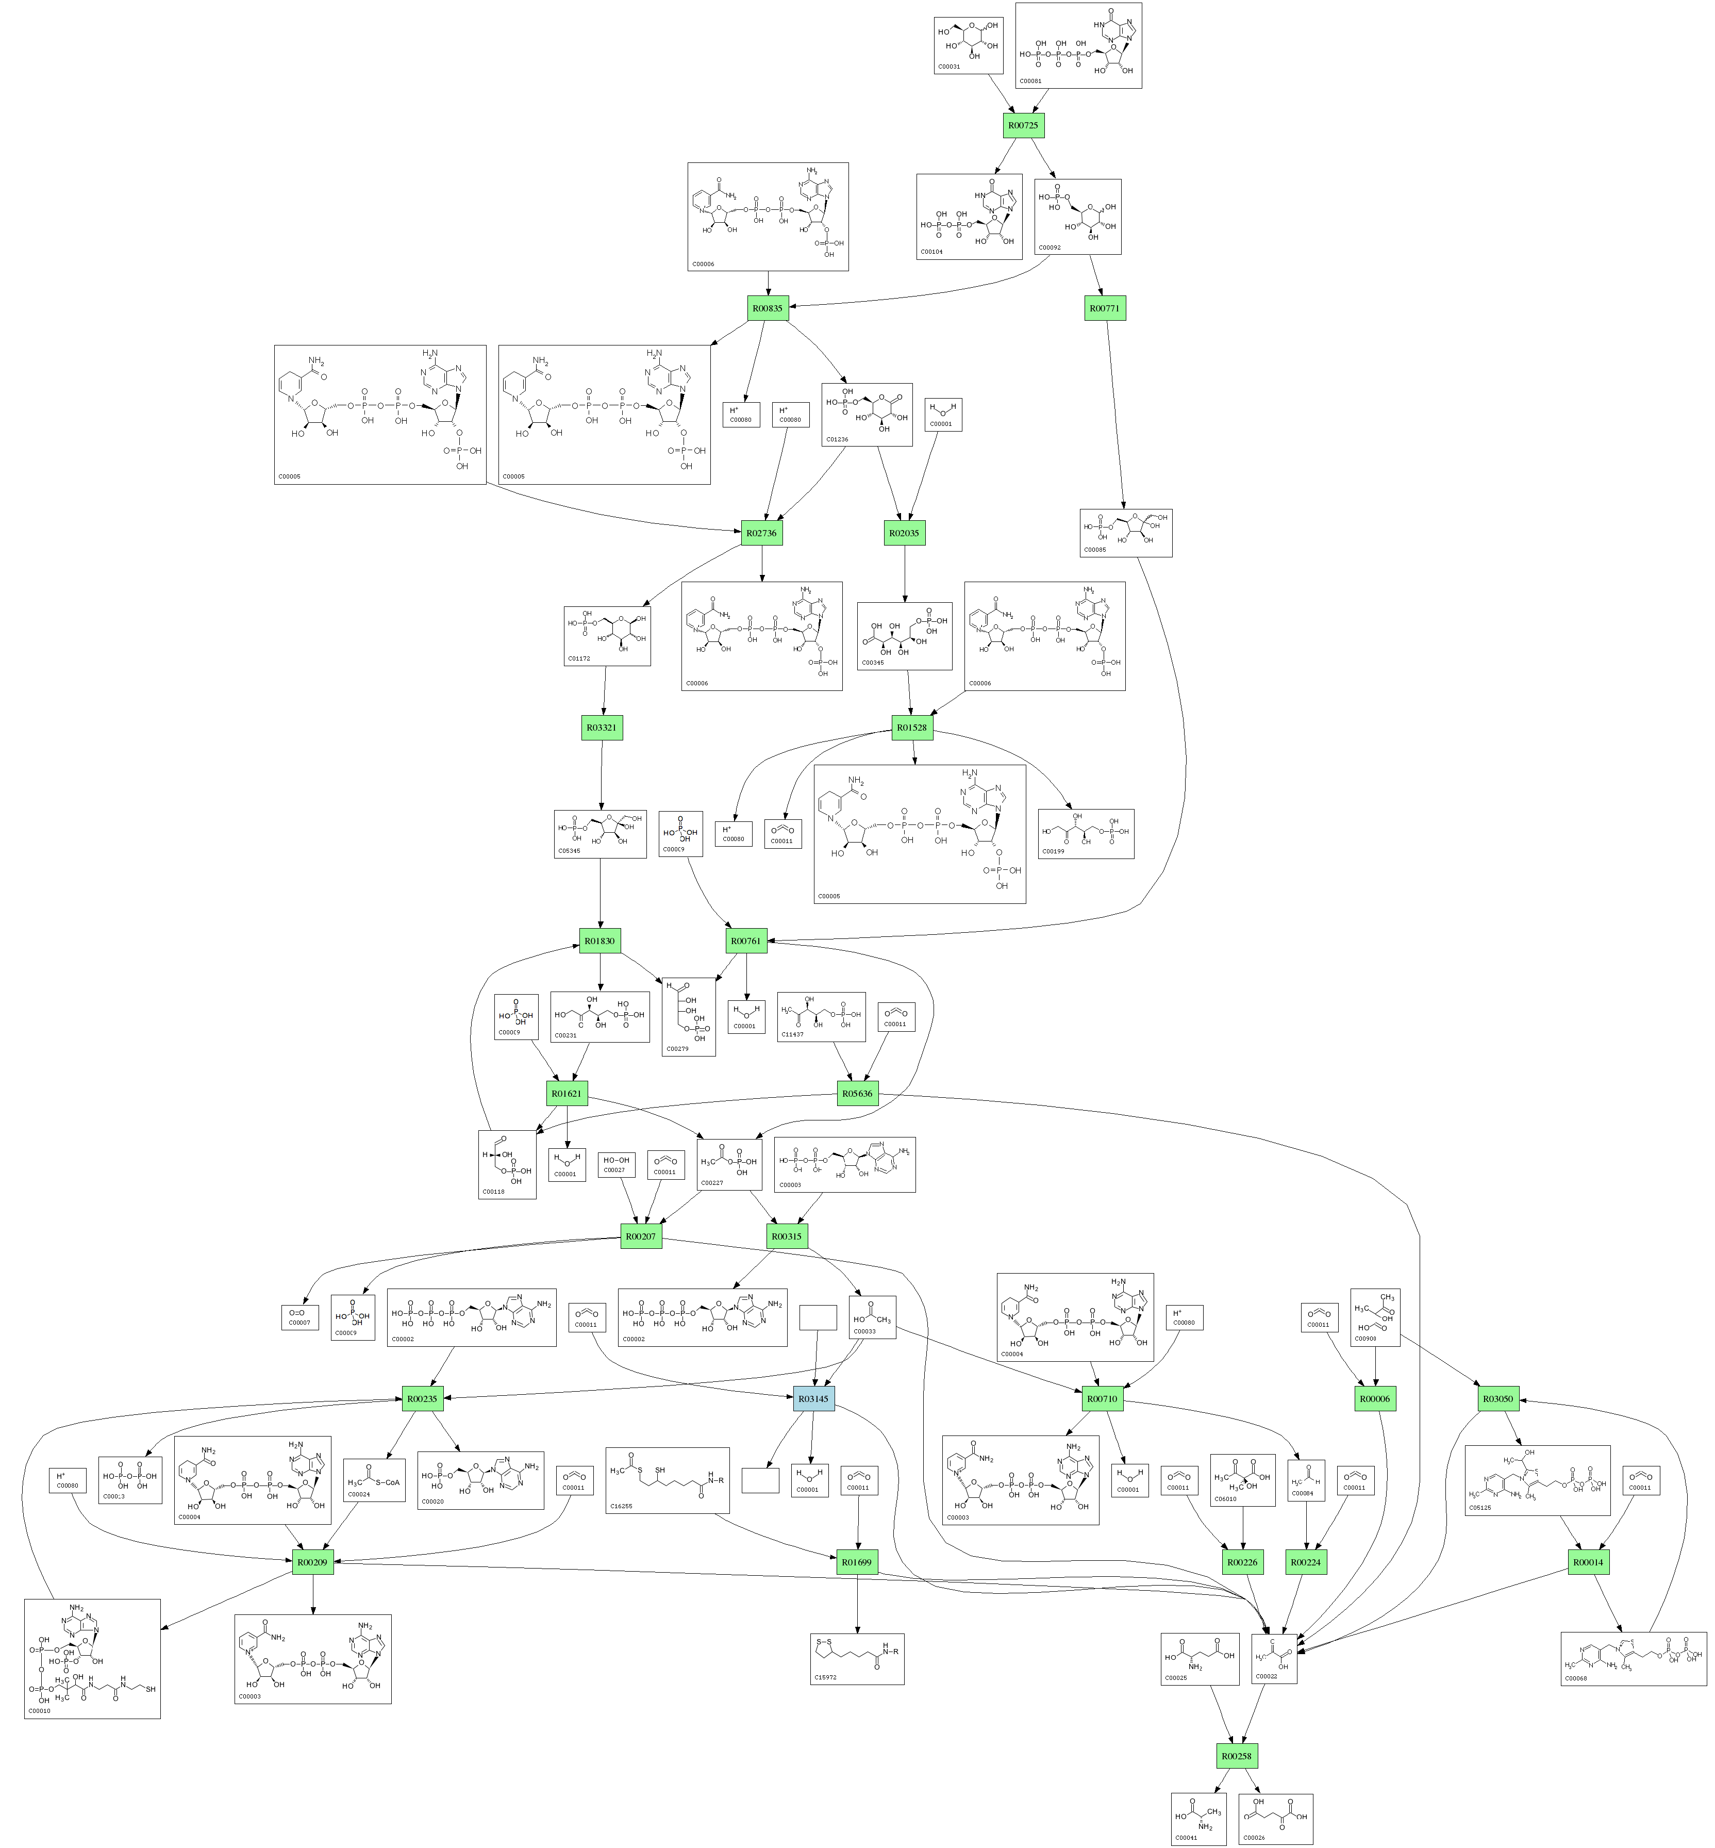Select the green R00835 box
[x=768, y=308]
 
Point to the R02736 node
[x=761, y=533]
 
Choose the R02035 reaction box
[x=904, y=533]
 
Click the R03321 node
[x=602, y=728]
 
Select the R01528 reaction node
[x=911, y=728]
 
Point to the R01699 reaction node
[x=857, y=1562]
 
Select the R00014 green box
[x=1588, y=1562]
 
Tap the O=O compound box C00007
[x=299, y=1317]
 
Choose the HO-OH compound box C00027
[x=616, y=1165]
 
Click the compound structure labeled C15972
[x=857, y=1659]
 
